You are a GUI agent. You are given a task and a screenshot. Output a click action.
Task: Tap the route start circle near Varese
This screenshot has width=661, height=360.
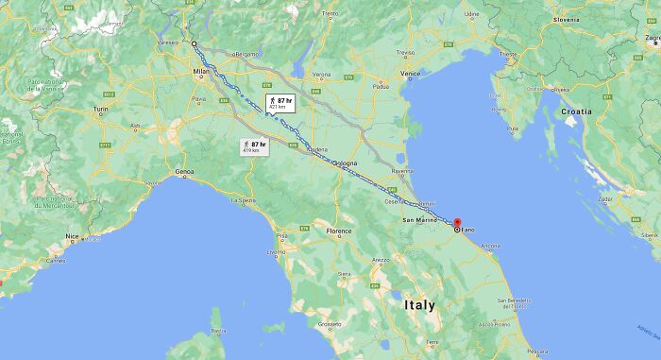[x=194, y=43]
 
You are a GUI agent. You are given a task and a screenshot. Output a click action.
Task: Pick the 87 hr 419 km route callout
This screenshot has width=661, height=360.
[x=253, y=146]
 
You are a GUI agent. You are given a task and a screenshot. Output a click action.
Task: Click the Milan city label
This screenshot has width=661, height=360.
[x=201, y=71]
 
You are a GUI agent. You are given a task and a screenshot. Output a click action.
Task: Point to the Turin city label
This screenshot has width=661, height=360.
[x=101, y=111]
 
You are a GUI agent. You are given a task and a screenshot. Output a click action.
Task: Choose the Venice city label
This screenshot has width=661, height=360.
[x=410, y=73]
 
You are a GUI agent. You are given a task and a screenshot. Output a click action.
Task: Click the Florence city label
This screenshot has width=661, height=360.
[x=339, y=231]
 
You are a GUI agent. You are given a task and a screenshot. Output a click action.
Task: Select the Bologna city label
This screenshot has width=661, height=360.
[x=344, y=163]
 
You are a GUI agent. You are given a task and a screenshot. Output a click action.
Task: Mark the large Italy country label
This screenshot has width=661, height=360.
[x=420, y=305]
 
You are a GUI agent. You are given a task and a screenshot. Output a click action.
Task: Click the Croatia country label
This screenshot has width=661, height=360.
[x=576, y=111]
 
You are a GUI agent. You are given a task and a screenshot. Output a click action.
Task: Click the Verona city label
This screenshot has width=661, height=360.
[x=321, y=74]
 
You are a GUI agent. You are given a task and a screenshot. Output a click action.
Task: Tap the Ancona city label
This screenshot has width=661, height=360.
[x=490, y=247]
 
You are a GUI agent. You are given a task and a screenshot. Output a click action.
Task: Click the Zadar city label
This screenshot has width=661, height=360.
[x=604, y=199]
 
